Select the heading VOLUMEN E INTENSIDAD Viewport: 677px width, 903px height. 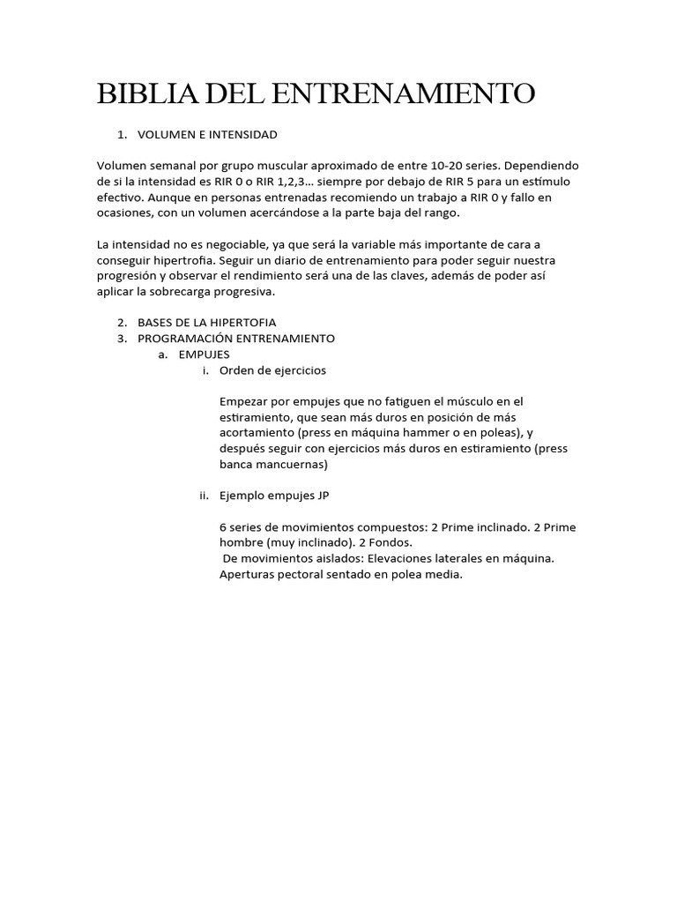206,134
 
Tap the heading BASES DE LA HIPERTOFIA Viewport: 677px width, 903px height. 206,323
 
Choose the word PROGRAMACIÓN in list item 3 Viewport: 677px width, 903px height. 182,339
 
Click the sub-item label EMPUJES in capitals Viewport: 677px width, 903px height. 204,354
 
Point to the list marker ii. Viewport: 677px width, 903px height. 205,496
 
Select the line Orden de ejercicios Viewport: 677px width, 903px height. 272,370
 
